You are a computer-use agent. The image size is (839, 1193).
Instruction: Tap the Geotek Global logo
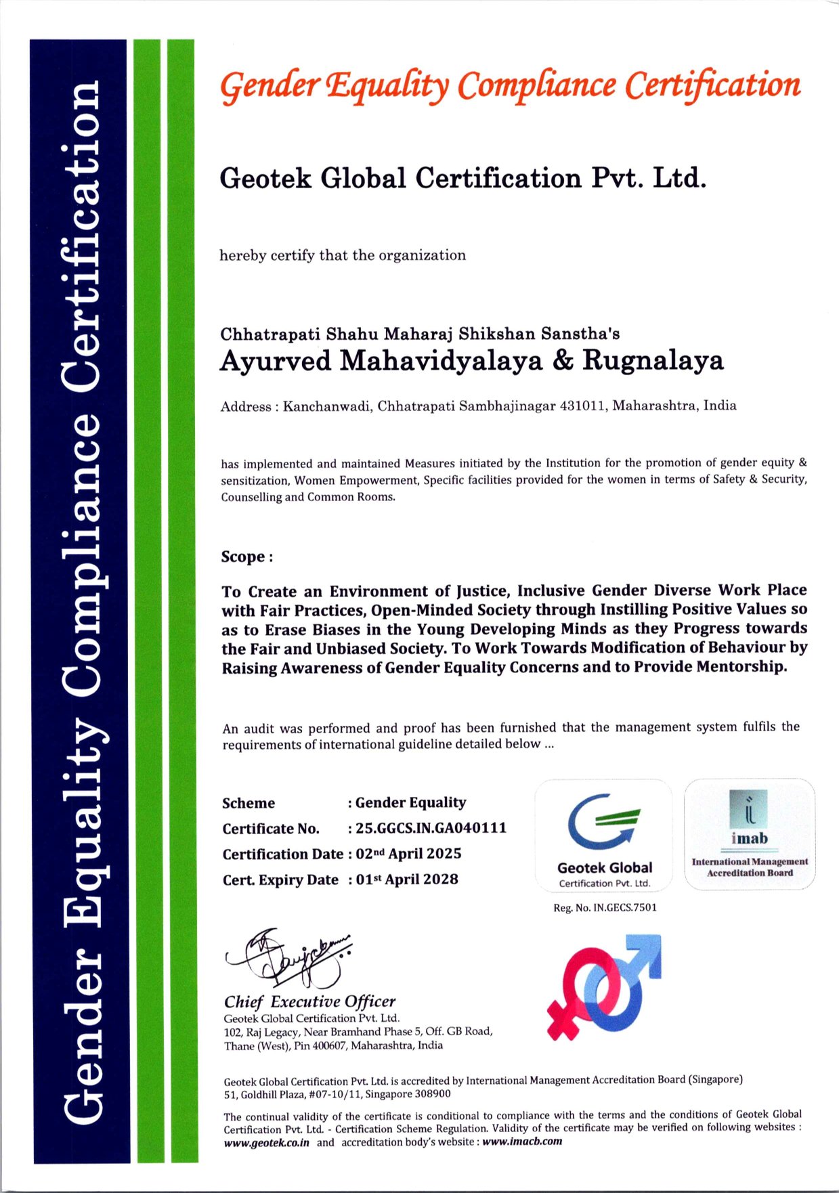[x=604, y=834]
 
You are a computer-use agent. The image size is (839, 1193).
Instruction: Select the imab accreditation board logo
[x=750, y=833]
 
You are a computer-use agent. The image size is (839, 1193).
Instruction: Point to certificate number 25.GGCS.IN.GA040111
[x=431, y=828]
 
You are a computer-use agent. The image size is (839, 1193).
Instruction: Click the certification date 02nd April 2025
[x=408, y=854]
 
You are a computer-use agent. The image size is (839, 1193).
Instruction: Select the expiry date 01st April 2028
[x=407, y=880]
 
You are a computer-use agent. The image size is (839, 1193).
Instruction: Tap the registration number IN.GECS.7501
[x=625, y=907]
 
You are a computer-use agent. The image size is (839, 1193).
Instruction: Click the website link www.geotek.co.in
[x=267, y=1142]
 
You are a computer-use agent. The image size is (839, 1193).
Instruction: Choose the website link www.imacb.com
[x=522, y=1142]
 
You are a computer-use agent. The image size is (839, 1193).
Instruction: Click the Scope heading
[x=246, y=557]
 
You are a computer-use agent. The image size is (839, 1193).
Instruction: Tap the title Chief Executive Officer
[x=309, y=1002]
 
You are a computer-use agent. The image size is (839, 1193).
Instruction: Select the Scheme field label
[x=249, y=803]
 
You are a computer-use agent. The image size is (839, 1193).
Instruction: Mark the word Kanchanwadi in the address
[x=327, y=407]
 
